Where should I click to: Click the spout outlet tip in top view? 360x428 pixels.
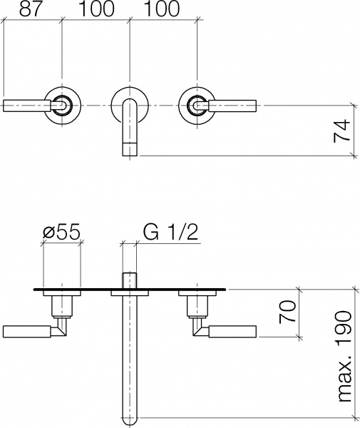pyautogui.click(x=130, y=148)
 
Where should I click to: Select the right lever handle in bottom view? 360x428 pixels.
pyautogui.click(x=233, y=331)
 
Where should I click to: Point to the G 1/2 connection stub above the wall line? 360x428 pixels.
pyautogui.click(x=130, y=279)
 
